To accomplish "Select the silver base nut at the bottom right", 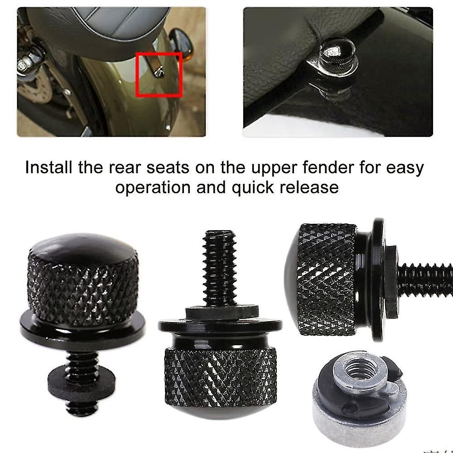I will tap(358, 408).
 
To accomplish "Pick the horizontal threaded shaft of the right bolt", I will tap(424, 280).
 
